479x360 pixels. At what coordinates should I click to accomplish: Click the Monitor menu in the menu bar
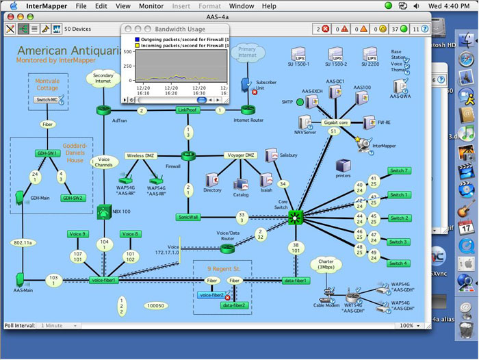[151, 6]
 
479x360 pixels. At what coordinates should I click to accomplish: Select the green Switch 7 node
[399, 170]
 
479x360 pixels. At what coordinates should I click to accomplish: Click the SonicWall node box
[187, 217]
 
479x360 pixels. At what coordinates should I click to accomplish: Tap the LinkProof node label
[187, 110]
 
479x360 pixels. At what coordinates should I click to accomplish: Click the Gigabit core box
[335, 123]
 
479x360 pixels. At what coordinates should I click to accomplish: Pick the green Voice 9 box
[78, 234]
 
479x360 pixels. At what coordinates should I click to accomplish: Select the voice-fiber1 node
[103, 280]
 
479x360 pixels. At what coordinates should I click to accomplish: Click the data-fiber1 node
[296, 280]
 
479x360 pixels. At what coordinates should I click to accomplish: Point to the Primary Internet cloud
[246, 52]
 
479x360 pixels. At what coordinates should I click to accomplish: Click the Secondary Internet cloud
[103, 78]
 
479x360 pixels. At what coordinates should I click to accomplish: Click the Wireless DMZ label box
[142, 155]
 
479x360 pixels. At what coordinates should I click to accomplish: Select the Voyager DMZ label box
[240, 155]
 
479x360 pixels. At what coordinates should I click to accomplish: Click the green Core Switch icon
[296, 218]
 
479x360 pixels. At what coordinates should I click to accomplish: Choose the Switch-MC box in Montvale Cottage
[47, 100]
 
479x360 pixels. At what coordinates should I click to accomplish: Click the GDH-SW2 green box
[74, 198]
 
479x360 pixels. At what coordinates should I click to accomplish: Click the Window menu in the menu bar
[242, 6]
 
